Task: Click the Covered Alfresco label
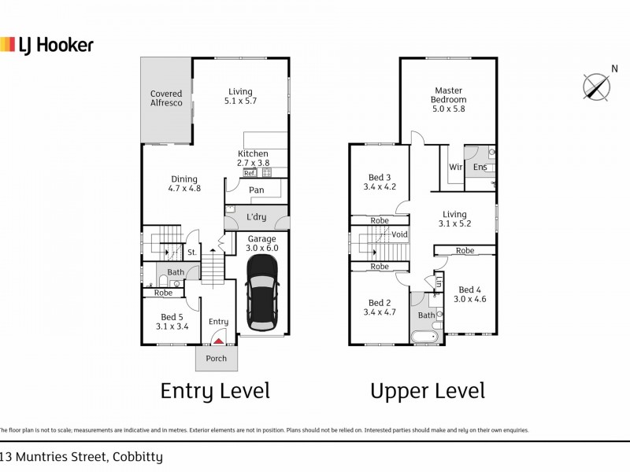point(166,99)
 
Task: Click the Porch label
point(216,359)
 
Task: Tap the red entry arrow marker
point(218,340)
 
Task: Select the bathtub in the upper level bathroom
point(426,337)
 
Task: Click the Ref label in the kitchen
point(250,172)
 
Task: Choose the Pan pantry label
point(255,190)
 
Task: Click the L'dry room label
point(256,217)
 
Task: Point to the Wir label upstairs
point(455,167)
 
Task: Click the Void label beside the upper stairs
point(399,234)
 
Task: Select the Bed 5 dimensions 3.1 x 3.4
point(171,326)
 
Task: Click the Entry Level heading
point(215,390)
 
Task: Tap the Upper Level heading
point(428,390)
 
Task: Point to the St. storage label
point(191,253)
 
